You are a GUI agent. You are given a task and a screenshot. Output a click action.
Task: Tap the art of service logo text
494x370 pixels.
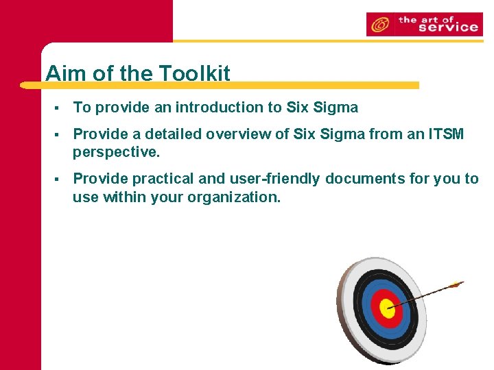438,24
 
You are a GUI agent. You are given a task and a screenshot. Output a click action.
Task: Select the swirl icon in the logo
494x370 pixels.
379,25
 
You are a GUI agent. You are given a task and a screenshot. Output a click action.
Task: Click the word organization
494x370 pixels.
237,198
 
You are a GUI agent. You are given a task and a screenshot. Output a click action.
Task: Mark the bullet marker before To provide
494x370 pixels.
62,108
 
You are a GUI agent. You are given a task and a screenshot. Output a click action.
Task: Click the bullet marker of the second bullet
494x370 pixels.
62,134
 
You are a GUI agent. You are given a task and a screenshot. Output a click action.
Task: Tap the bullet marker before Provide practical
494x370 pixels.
62,179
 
